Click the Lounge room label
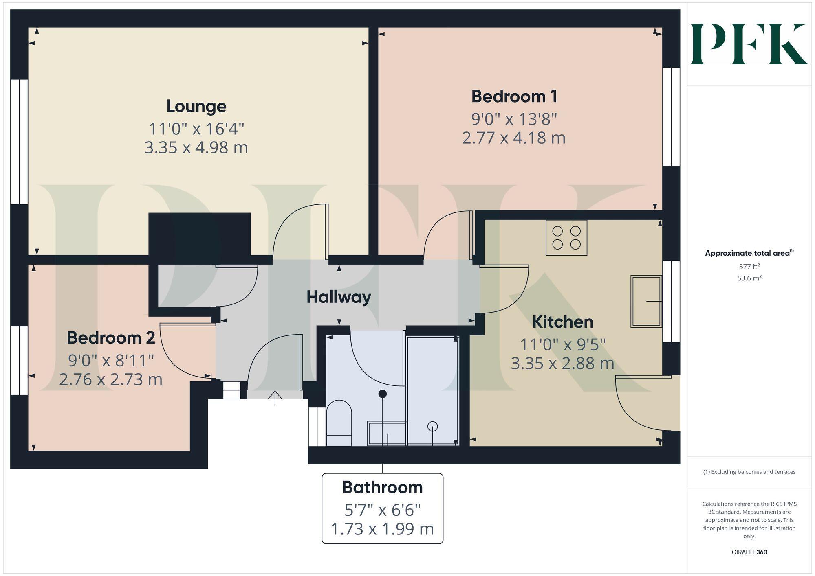(196, 106)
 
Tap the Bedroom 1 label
(514, 96)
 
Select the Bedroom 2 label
(111, 338)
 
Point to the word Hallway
(339, 297)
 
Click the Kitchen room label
(562, 322)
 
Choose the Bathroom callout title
(382, 487)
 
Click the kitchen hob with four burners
(566, 238)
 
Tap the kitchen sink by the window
(646, 301)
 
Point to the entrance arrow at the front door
(275, 398)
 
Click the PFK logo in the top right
(749, 44)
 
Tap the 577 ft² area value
(749, 267)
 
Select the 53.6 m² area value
(749, 278)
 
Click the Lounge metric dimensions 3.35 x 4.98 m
(196, 147)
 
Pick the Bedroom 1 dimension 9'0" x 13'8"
(514, 119)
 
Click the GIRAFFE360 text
(749, 552)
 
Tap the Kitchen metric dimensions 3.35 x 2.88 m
(562, 363)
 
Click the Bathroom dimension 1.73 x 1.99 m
(382, 529)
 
